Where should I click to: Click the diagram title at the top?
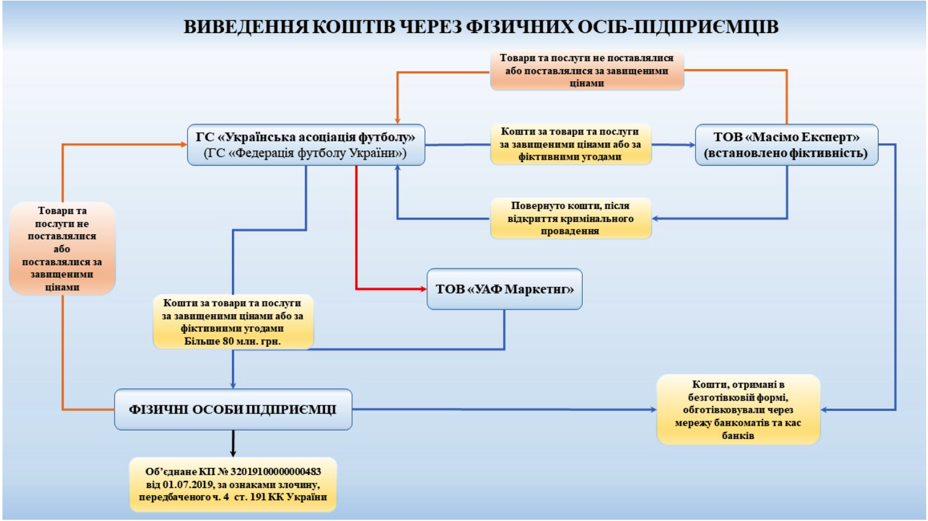point(481,28)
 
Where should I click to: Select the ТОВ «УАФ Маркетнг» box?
point(504,289)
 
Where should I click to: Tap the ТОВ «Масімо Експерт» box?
point(786,145)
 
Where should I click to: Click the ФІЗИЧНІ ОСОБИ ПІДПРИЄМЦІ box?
point(233,410)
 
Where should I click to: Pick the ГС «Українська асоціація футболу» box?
point(305,145)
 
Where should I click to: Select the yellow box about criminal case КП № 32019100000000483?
point(233,484)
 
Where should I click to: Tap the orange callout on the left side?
point(62,249)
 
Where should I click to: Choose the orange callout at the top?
point(586,71)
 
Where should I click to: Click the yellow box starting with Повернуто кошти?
point(571,218)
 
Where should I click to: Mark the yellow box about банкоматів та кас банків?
point(738,410)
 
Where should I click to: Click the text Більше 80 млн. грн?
point(233,341)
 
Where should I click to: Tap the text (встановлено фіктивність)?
point(786,153)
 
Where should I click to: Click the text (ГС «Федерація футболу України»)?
point(305,153)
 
